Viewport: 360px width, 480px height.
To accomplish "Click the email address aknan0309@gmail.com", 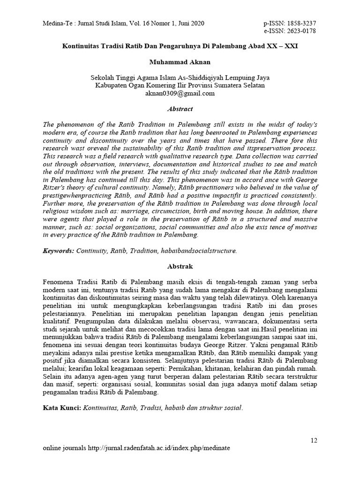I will point(180,93).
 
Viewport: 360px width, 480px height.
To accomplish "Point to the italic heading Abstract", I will point(180,109).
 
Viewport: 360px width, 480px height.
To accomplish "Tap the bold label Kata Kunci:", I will point(62,407).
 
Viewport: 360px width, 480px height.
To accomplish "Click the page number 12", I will point(314,440).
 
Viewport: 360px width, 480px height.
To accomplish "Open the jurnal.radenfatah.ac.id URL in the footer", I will point(159,448).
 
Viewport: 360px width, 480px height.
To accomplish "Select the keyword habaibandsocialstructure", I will point(199,250).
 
